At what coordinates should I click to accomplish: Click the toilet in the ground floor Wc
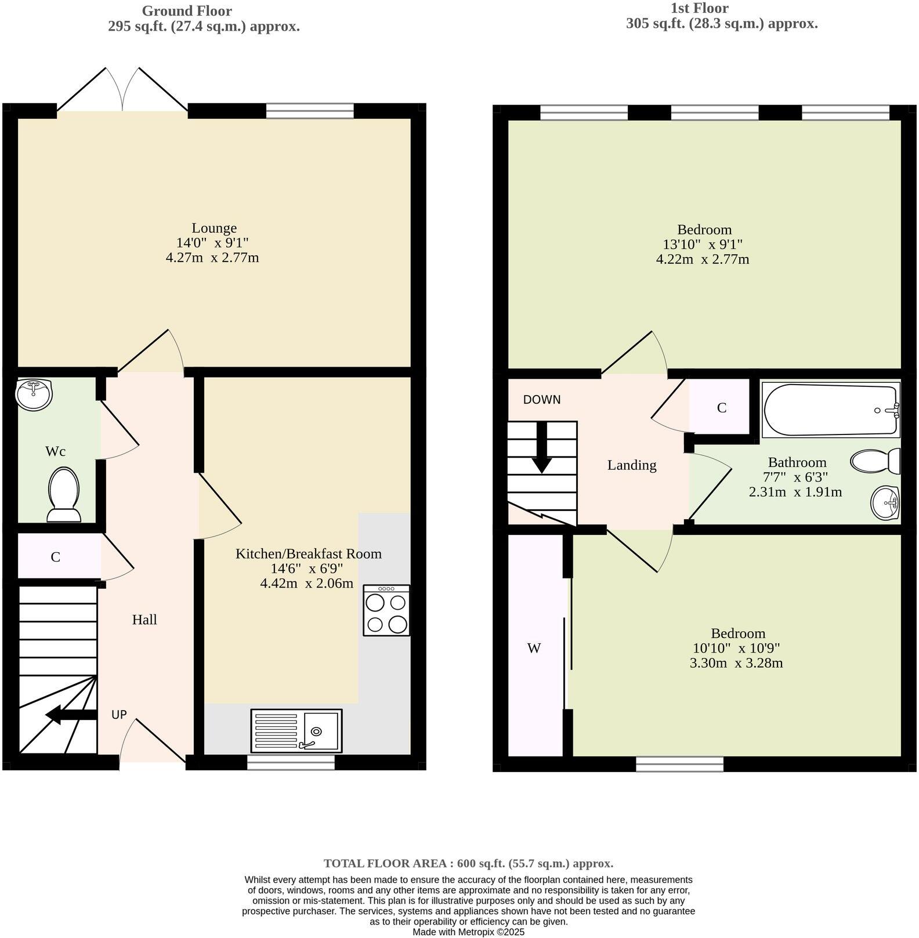[x=64, y=495]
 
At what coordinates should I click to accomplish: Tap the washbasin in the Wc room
[x=34, y=394]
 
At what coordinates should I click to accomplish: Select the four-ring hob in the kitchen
[x=386, y=610]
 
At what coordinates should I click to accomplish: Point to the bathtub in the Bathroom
[x=831, y=410]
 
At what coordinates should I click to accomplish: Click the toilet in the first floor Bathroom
[x=875, y=461]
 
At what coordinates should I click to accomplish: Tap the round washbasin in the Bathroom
[x=885, y=503]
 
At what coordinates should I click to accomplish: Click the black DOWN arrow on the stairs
[x=542, y=447]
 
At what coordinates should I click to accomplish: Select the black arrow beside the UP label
[x=71, y=714]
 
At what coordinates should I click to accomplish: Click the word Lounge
[x=214, y=228]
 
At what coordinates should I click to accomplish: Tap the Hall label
[x=144, y=620]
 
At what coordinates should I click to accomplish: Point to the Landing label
[x=632, y=465]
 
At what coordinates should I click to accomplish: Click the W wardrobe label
[x=534, y=648]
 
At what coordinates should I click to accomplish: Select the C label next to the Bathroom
[x=722, y=408]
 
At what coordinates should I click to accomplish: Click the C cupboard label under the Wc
[x=56, y=557]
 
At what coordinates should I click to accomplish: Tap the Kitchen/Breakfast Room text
[x=309, y=553]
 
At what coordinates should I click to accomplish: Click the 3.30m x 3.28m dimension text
[x=736, y=663]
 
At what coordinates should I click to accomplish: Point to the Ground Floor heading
[x=187, y=11]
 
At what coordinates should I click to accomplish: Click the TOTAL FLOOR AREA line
[x=468, y=863]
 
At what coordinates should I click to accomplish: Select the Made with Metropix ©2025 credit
[x=468, y=932]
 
